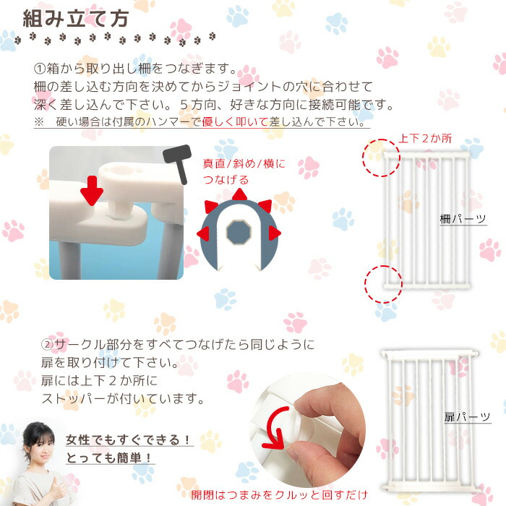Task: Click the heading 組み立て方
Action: (x=75, y=18)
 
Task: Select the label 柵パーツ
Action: (x=463, y=218)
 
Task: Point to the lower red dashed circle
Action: (x=383, y=282)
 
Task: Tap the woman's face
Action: (x=34, y=442)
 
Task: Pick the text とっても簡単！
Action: (x=111, y=458)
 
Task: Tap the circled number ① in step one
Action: (x=40, y=69)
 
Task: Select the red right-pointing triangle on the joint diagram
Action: (x=275, y=233)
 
